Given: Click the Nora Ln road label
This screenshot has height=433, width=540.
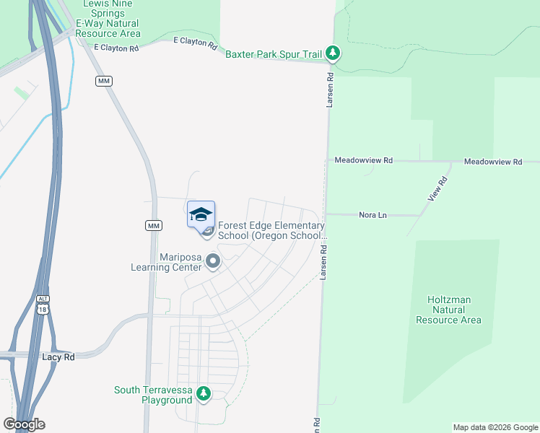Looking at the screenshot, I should pyautogui.click(x=373, y=215).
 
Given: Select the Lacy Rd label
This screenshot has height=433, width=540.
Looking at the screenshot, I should pyautogui.click(x=59, y=357).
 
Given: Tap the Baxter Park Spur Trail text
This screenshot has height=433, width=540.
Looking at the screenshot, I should pyautogui.click(x=274, y=54).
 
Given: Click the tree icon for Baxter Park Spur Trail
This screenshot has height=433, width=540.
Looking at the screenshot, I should pyautogui.click(x=332, y=53).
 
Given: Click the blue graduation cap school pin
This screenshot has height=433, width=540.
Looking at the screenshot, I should pyautogui.click(x=201, y=214).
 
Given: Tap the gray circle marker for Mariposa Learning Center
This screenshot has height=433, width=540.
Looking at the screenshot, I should pyautogui.click(x=212, y=261).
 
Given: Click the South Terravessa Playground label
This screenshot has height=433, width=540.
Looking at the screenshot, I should pyautogui.click(x=153, y=395).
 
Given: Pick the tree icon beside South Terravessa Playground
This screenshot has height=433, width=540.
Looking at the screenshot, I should pyautogui.click(x=204, y=393).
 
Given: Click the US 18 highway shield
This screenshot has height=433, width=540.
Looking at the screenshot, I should pyautogui.click(x=43, y=310).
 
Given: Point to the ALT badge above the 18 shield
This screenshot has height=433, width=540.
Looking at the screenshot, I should pyautogui.click(x=43, y=298).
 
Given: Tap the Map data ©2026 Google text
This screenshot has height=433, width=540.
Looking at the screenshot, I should pyautogui.click(x=495, y=427).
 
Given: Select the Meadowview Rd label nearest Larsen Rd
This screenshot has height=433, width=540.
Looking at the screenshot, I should pyautogui.click(x=363, y=160).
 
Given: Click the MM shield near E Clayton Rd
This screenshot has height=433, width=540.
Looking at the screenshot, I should pyautogui.click(x=104, y=81).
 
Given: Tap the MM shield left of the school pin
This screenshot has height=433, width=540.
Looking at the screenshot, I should pyautogui.click(x=153, y=226).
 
